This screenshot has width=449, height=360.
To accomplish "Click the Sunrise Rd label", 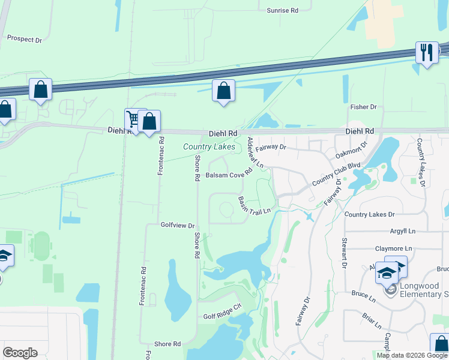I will click(282, 11).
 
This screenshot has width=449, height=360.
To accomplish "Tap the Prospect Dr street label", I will click(25, 38).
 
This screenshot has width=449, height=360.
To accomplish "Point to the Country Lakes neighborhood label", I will click(209, 146).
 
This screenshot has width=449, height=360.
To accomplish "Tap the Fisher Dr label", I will click(363, 107).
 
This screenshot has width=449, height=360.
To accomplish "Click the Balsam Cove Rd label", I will click(229, 175).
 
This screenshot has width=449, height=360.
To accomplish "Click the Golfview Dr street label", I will click(178, 226).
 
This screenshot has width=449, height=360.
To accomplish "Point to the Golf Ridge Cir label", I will click(221, 306).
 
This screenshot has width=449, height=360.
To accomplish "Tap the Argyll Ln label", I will click(402, 230).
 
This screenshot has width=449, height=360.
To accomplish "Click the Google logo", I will click(20, 353).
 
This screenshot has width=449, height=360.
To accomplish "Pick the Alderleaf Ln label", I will click(256, 152).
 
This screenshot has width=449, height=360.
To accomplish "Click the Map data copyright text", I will click(412, 355).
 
